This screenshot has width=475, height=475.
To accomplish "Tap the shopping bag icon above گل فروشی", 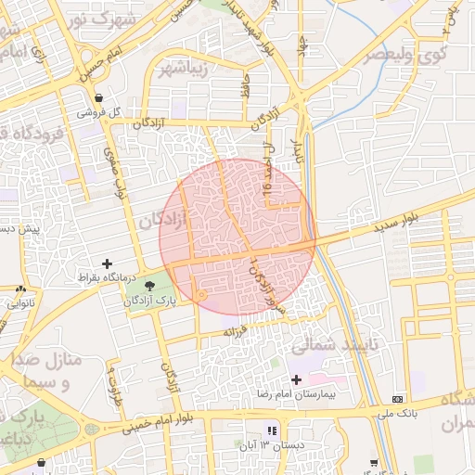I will (x=98, y=96).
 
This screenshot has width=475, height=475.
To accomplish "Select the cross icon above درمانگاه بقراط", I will (x=108, y=264).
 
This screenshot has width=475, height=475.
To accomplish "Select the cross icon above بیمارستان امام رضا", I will (x=296, y=379).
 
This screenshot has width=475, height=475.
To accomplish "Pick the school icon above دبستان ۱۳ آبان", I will (x=272, y=430).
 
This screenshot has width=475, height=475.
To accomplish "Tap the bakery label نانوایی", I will (x=21, y=302).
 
